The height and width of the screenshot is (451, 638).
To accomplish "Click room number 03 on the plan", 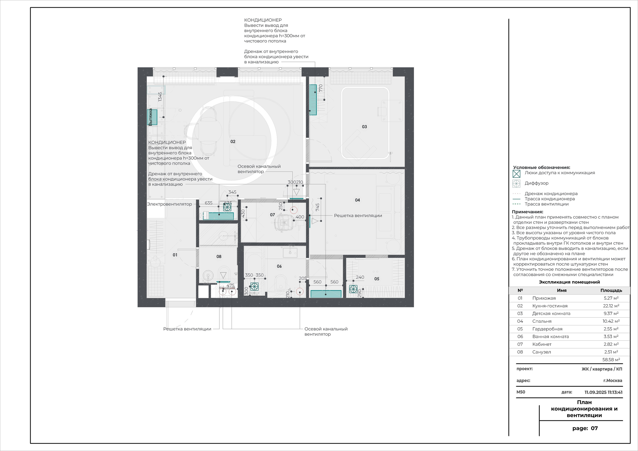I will [x=364, y=127].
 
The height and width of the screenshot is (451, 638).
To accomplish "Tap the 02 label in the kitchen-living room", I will [x=233, y=142].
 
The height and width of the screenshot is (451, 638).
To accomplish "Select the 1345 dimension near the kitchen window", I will [x=160, y=97].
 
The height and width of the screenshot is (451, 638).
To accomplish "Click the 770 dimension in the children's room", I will [x=321, y=88].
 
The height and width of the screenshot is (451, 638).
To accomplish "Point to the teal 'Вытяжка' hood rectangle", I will [x=152, y=117].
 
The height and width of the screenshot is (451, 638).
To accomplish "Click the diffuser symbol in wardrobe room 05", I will [x=353, y=289].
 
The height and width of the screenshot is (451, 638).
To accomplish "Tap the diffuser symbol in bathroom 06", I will [x=254, y=287].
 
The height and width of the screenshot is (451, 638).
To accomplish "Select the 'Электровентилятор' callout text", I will [x=169, y=204].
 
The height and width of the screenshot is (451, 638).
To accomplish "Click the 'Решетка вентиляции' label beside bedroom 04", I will [x=358, y=216].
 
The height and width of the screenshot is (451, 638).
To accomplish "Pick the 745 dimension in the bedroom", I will [x=318, y=207].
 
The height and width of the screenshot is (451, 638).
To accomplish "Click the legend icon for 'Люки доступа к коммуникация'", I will [x=516, y=174].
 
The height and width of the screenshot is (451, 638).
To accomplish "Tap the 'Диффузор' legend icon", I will [x=516, y=184].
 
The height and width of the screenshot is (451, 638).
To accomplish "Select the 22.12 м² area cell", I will [x=611, y=306].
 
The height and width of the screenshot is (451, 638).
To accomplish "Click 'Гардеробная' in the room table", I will [x=547, y=329].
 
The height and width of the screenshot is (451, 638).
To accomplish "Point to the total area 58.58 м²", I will [x=611, y=360].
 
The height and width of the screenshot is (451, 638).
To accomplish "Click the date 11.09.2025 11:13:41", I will [x=603, y=392].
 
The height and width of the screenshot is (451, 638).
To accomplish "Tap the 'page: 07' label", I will [x=585, y=428].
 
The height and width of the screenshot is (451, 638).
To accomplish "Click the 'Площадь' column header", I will [x=611, y=290].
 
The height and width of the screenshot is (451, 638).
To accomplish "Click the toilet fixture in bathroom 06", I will [x=281, y=282].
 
